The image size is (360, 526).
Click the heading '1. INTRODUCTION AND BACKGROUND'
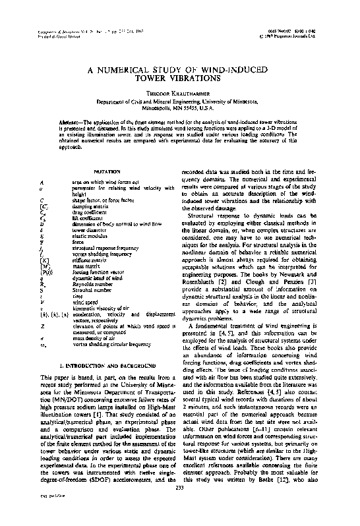(107, 365)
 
